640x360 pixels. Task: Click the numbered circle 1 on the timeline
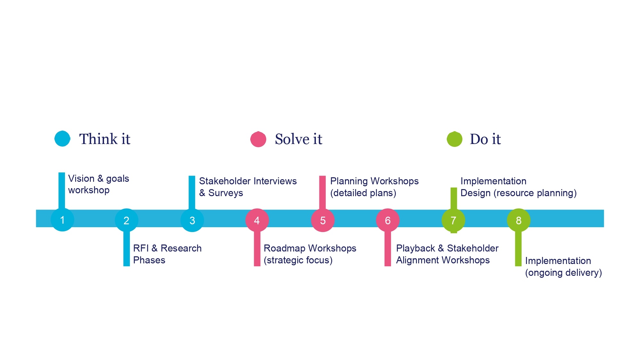click(x=62, y=220)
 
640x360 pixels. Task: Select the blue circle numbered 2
click(x=126, y=220)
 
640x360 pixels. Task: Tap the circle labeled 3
click(x=192, y=220)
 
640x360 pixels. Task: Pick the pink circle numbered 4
click(x=257, y=220)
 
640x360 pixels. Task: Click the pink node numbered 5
click(x=323, y=220)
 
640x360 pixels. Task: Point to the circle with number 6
click(x=388, y=220)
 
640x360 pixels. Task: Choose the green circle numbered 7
click(x=453, y=220)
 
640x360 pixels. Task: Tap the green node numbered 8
click(x=518, y=220)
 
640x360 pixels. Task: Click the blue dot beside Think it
click(x=62, y=139)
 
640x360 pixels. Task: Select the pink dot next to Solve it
click(x=258, y=139)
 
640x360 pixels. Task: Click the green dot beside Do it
click(x=454, y=139)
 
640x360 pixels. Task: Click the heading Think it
click(x=105, y=139)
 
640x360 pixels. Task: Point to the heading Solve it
click(x=298, y=139)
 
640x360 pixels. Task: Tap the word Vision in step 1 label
click(x=81, y=179)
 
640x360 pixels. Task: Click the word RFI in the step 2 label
click(x=141, y=248)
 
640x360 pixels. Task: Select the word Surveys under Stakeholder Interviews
click(x=226, y=193)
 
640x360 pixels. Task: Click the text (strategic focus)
click(x=298, y=260)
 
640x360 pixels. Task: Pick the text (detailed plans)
click(x=363, y=193)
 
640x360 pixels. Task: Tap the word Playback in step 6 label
click(x=415, y=248)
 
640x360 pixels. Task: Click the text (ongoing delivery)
click(x=564, y=273)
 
